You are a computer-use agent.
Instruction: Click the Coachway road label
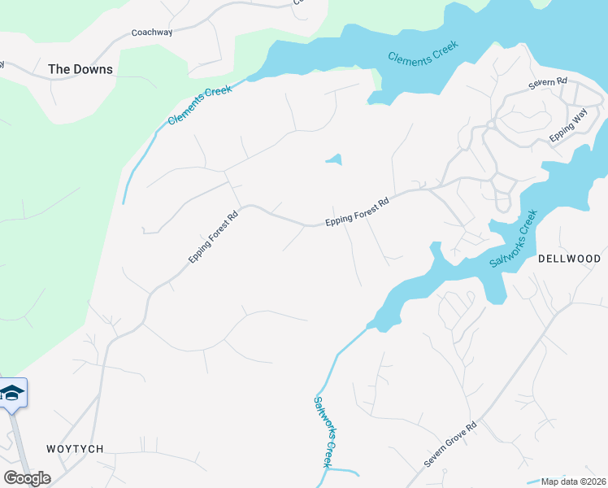153,33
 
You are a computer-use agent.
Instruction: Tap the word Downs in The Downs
93,69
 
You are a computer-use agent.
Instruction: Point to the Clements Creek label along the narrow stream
200,104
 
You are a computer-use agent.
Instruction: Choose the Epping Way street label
567,127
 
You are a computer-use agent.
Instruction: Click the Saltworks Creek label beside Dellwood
514,238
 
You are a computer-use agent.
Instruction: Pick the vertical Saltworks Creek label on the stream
324,430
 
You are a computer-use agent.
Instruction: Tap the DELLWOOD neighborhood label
569,259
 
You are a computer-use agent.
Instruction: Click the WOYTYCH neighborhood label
76,449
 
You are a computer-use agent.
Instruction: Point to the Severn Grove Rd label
449,444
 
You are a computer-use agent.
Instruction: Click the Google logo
27,477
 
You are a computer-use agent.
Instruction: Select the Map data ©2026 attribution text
573,481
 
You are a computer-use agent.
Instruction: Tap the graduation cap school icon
12,394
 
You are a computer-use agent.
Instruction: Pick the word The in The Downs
59,69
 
